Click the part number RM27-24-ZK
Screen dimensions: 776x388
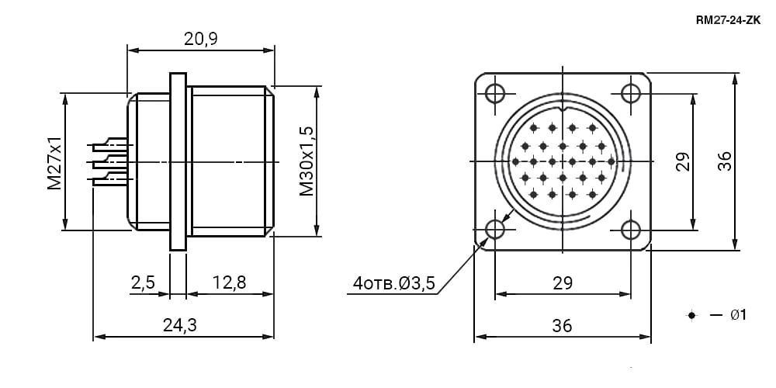[728, 20]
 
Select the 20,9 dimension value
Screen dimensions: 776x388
[201, 39]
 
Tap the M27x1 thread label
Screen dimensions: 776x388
[54, 163]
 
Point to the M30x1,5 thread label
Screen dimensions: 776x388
[307, 161]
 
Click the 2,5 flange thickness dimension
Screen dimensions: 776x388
[143, 282]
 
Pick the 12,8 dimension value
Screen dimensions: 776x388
[229, 282]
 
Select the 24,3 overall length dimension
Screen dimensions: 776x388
[180, 325]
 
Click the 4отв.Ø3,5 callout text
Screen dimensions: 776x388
[394, 283]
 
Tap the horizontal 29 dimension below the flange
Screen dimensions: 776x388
[563, 283]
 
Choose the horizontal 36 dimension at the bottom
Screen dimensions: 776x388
[562, 326]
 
